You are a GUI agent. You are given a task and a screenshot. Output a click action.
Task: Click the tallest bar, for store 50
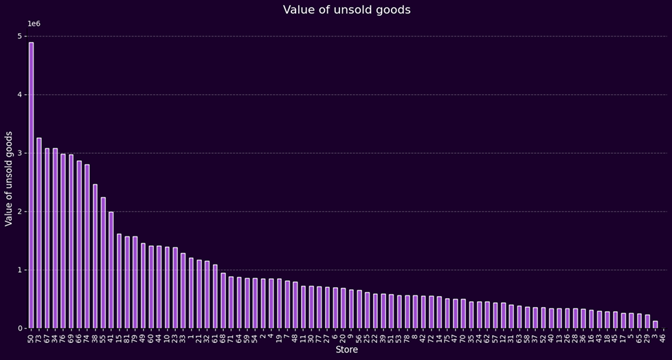click(31, 185)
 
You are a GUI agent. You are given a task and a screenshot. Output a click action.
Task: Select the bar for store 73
click(39, 233)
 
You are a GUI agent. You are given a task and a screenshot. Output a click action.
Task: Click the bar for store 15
click(119, 281)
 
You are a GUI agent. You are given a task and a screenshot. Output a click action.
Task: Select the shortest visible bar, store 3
click(655, 324)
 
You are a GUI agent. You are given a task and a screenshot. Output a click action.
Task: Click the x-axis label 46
click(663, 337)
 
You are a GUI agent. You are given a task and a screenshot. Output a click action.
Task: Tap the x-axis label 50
click(31, 337)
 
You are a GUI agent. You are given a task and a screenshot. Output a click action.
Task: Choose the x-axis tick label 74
click(87, 337)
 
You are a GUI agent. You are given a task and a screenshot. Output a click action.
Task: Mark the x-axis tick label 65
click(639, 337)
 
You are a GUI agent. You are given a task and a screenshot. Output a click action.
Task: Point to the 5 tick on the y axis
click(21, 36)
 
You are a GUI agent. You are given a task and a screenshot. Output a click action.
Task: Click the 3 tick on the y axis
click(21, 153)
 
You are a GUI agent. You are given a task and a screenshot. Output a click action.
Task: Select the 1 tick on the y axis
click(21, 269)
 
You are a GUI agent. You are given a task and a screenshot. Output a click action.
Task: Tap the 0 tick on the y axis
click(21, 328)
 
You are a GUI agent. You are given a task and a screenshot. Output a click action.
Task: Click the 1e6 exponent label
click(34, 24)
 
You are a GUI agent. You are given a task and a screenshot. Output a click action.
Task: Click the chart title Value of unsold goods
click(346, 10)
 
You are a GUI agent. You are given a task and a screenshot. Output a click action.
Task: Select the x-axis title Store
click(346, 350)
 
